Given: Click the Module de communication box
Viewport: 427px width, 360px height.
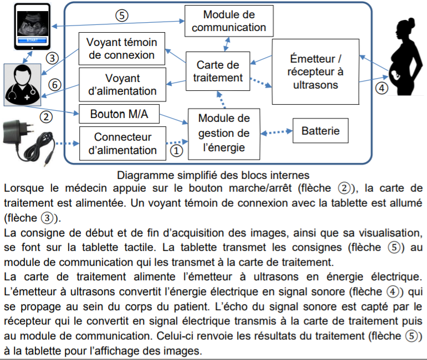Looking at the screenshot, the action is [229, 21].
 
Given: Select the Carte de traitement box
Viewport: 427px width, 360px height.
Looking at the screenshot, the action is [218, 71].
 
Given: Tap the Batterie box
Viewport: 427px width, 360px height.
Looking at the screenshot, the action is [321, 131].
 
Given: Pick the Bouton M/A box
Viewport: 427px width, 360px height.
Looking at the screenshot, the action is [119, 114].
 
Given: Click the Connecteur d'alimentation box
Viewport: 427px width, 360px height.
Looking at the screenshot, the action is [122, 143].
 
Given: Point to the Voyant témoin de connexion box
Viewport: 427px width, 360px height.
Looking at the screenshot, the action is [122, 49].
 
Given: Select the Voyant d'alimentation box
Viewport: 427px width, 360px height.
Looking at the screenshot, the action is [122, 85].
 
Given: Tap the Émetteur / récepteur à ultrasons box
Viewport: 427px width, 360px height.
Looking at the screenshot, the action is [316, 71].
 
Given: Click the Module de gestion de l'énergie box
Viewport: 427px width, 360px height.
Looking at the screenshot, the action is [224, 134].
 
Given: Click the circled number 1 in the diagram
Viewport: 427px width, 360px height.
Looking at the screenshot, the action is [176, 151].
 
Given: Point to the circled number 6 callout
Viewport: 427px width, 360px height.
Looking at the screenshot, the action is [55, 85].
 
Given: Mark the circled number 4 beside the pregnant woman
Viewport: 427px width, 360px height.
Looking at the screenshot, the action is [382, 88].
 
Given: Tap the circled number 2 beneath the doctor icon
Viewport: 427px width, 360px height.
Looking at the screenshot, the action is [46, 117].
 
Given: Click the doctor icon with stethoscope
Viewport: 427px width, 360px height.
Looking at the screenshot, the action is [22, 85].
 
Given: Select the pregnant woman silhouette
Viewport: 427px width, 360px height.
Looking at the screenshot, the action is [405, 56].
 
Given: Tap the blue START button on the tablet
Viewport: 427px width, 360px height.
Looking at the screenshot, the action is [32, 40].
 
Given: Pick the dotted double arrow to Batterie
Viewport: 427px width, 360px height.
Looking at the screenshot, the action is [276, 132].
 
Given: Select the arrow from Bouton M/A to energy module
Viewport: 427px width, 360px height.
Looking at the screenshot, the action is [174, 119].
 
